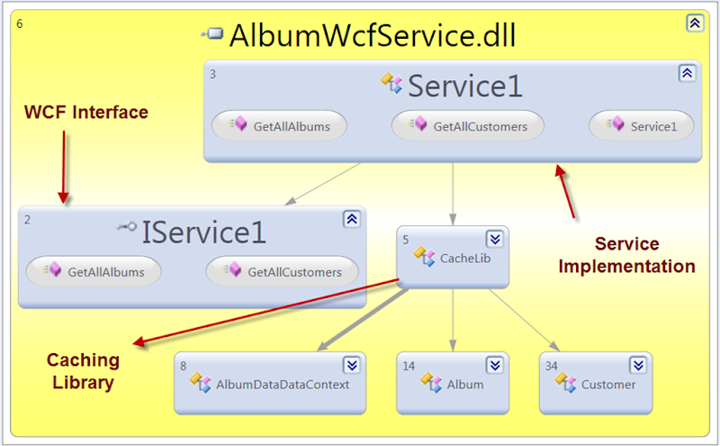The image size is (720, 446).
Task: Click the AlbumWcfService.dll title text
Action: click(373, 35)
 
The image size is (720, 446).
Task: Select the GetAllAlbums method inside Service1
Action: click(278, 126)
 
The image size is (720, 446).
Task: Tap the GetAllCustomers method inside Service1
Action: click(468, 126)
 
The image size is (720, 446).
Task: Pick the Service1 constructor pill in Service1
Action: click(642, 126)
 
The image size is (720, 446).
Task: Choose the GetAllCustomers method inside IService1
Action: click(283, 271)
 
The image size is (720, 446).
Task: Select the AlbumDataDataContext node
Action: click(271, 384)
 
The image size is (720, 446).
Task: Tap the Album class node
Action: click(453, 384)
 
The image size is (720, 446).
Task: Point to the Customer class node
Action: click(595, 384)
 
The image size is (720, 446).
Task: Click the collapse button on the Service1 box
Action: click(686, 74)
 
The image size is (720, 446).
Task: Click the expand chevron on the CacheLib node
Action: click(495, 239)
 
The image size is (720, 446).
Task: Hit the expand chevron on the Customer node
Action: click(638, 365)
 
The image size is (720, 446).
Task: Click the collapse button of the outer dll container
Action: click(695, 23)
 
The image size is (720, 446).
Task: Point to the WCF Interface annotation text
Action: click(85, 113)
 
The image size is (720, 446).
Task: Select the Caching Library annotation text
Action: click(83, 371)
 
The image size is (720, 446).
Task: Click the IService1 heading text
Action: click(203, 232)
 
